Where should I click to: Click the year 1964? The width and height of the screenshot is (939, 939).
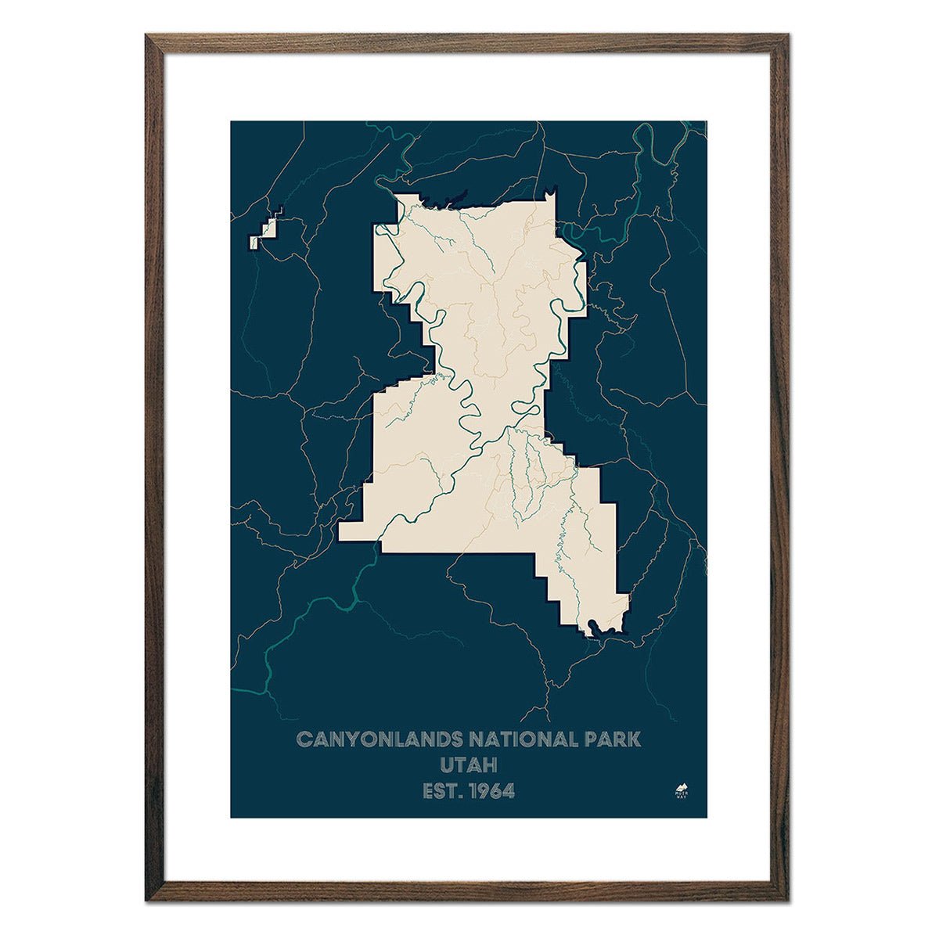click(x=491, y=791)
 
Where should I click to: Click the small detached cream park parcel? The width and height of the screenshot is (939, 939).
click(x=265, y=232)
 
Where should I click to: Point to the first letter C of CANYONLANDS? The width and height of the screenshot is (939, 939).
click(x=303, y=739)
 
